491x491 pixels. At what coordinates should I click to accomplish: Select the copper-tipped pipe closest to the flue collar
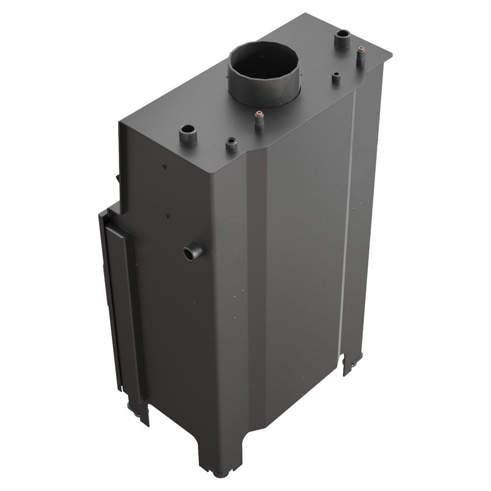tap(258, 121)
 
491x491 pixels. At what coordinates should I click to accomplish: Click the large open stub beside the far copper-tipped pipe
tap(342, 39)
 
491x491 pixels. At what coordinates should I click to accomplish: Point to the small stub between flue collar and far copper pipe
tap(336, 78)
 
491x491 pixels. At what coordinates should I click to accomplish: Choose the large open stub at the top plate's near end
tap(188, 134)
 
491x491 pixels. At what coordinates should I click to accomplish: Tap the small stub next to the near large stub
tap(230, 144)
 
